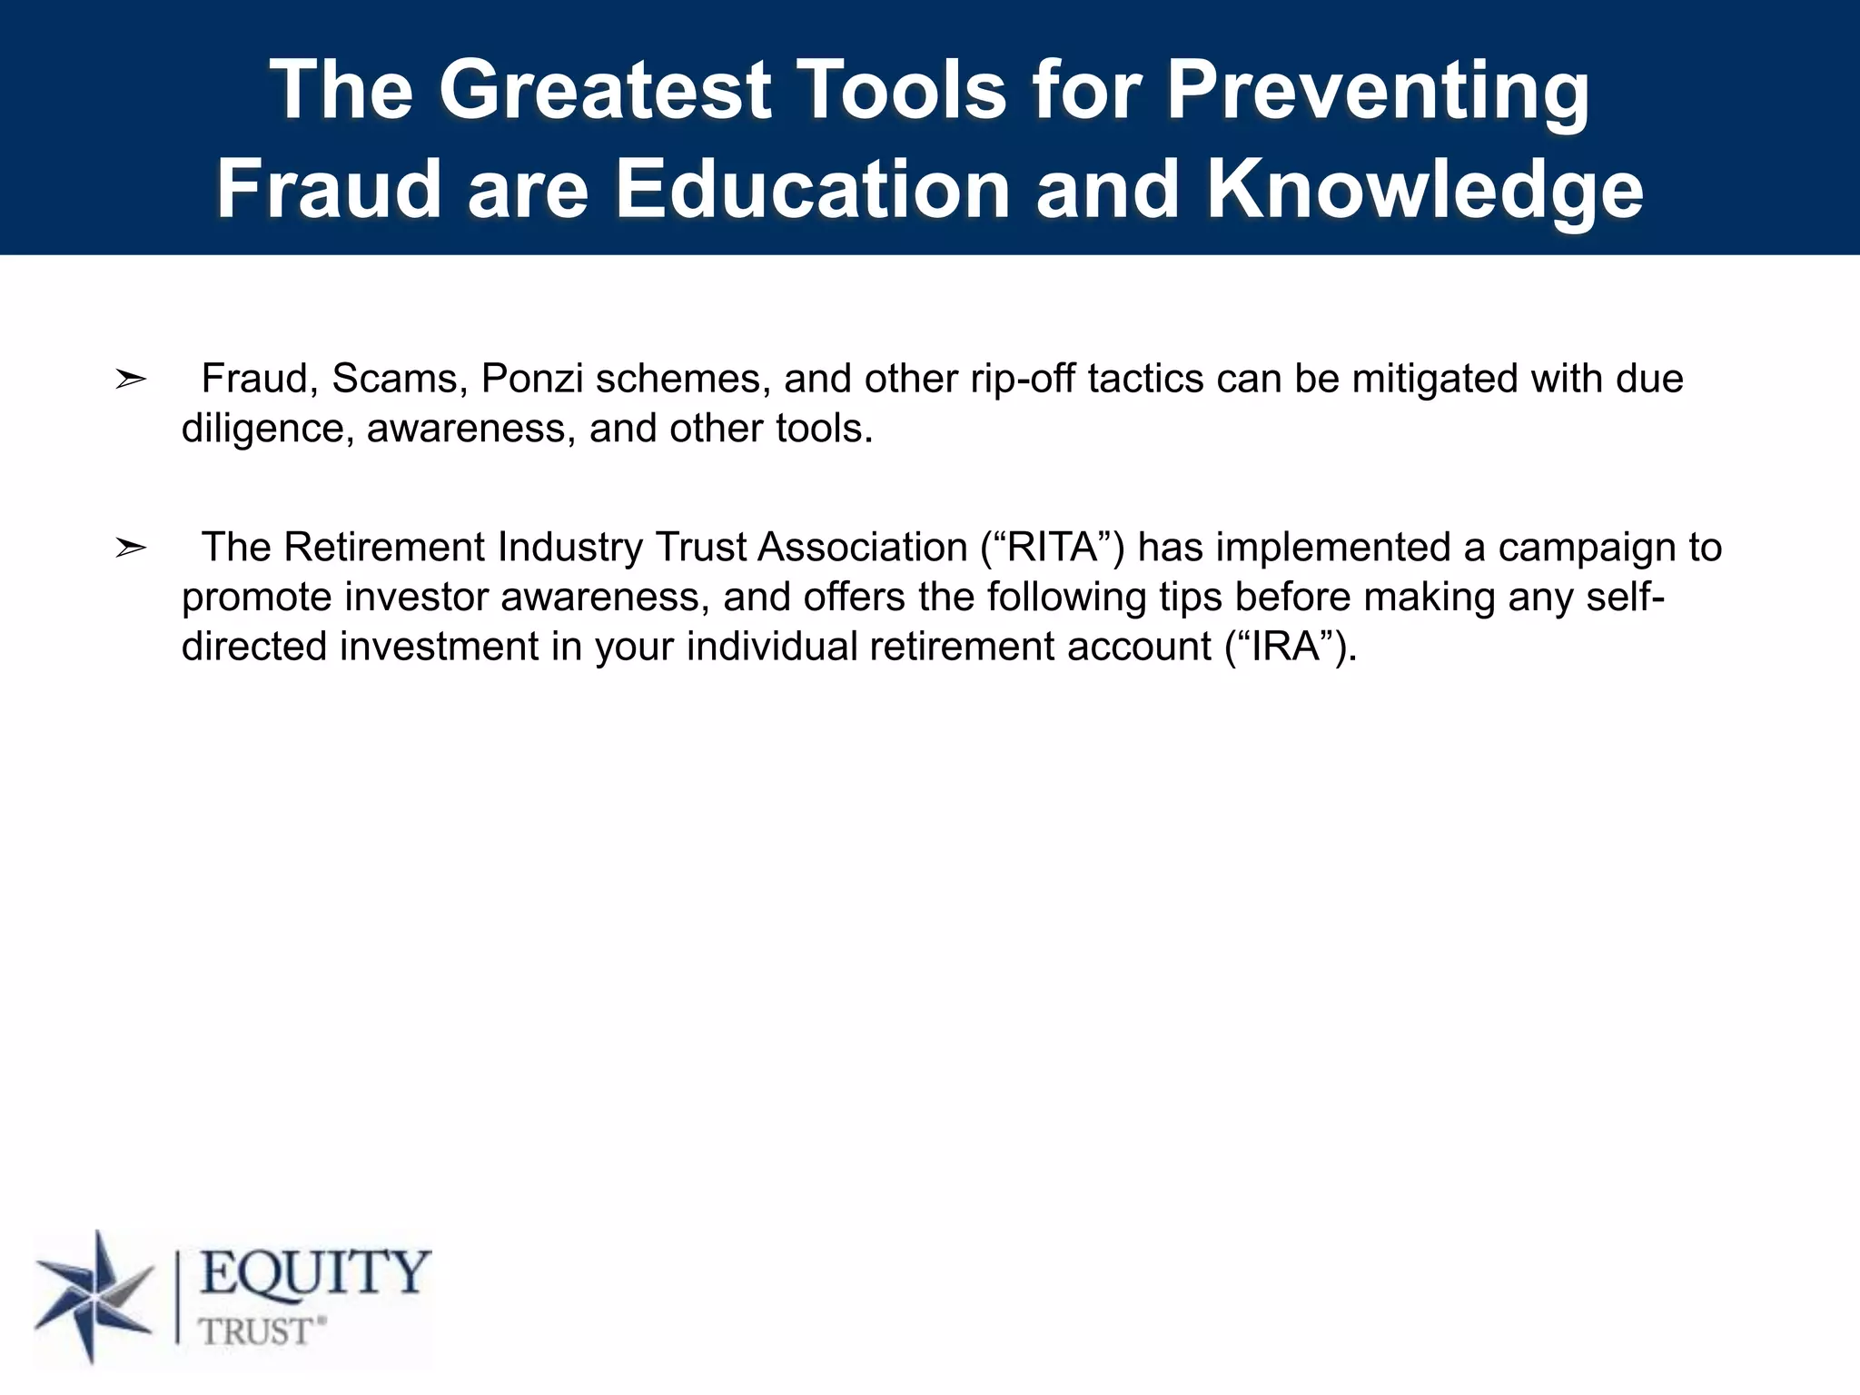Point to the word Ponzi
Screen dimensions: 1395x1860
pyautogui.click(x=531, y=379)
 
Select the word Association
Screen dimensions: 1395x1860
pyautogui.click(x=862, y=548)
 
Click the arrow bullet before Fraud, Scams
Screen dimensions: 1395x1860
pyautogui.click(x=131, y=380)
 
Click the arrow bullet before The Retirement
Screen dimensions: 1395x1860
pyautogui.click(x=131, y=549)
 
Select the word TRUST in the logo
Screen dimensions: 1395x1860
pyautogui.click(x=258, y=1332)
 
